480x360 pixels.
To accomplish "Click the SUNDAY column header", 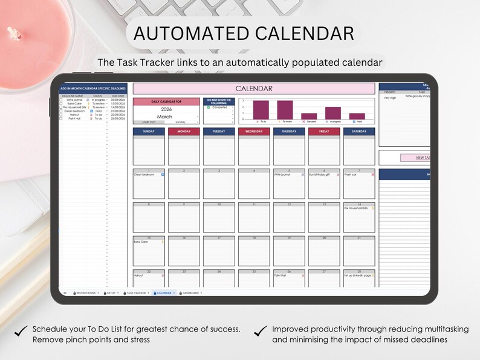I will [149, 132].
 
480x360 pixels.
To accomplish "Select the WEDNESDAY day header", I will [254, 132].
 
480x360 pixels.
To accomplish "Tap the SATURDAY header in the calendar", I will [359, 132].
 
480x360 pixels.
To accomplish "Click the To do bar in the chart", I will [261, 110].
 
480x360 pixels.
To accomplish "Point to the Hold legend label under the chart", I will [358, 121].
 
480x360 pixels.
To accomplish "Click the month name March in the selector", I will [164, 117].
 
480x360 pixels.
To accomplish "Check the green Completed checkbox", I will [209, 108].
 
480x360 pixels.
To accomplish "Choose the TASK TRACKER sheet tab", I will [136, 293].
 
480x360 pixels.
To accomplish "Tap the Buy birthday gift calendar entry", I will [320, 175].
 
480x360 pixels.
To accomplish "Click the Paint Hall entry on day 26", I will [280, 275].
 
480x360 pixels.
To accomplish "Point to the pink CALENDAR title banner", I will [254, 89].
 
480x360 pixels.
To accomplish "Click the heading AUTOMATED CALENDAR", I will [244, 33].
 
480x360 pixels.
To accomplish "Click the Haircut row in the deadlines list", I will [75, 115].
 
